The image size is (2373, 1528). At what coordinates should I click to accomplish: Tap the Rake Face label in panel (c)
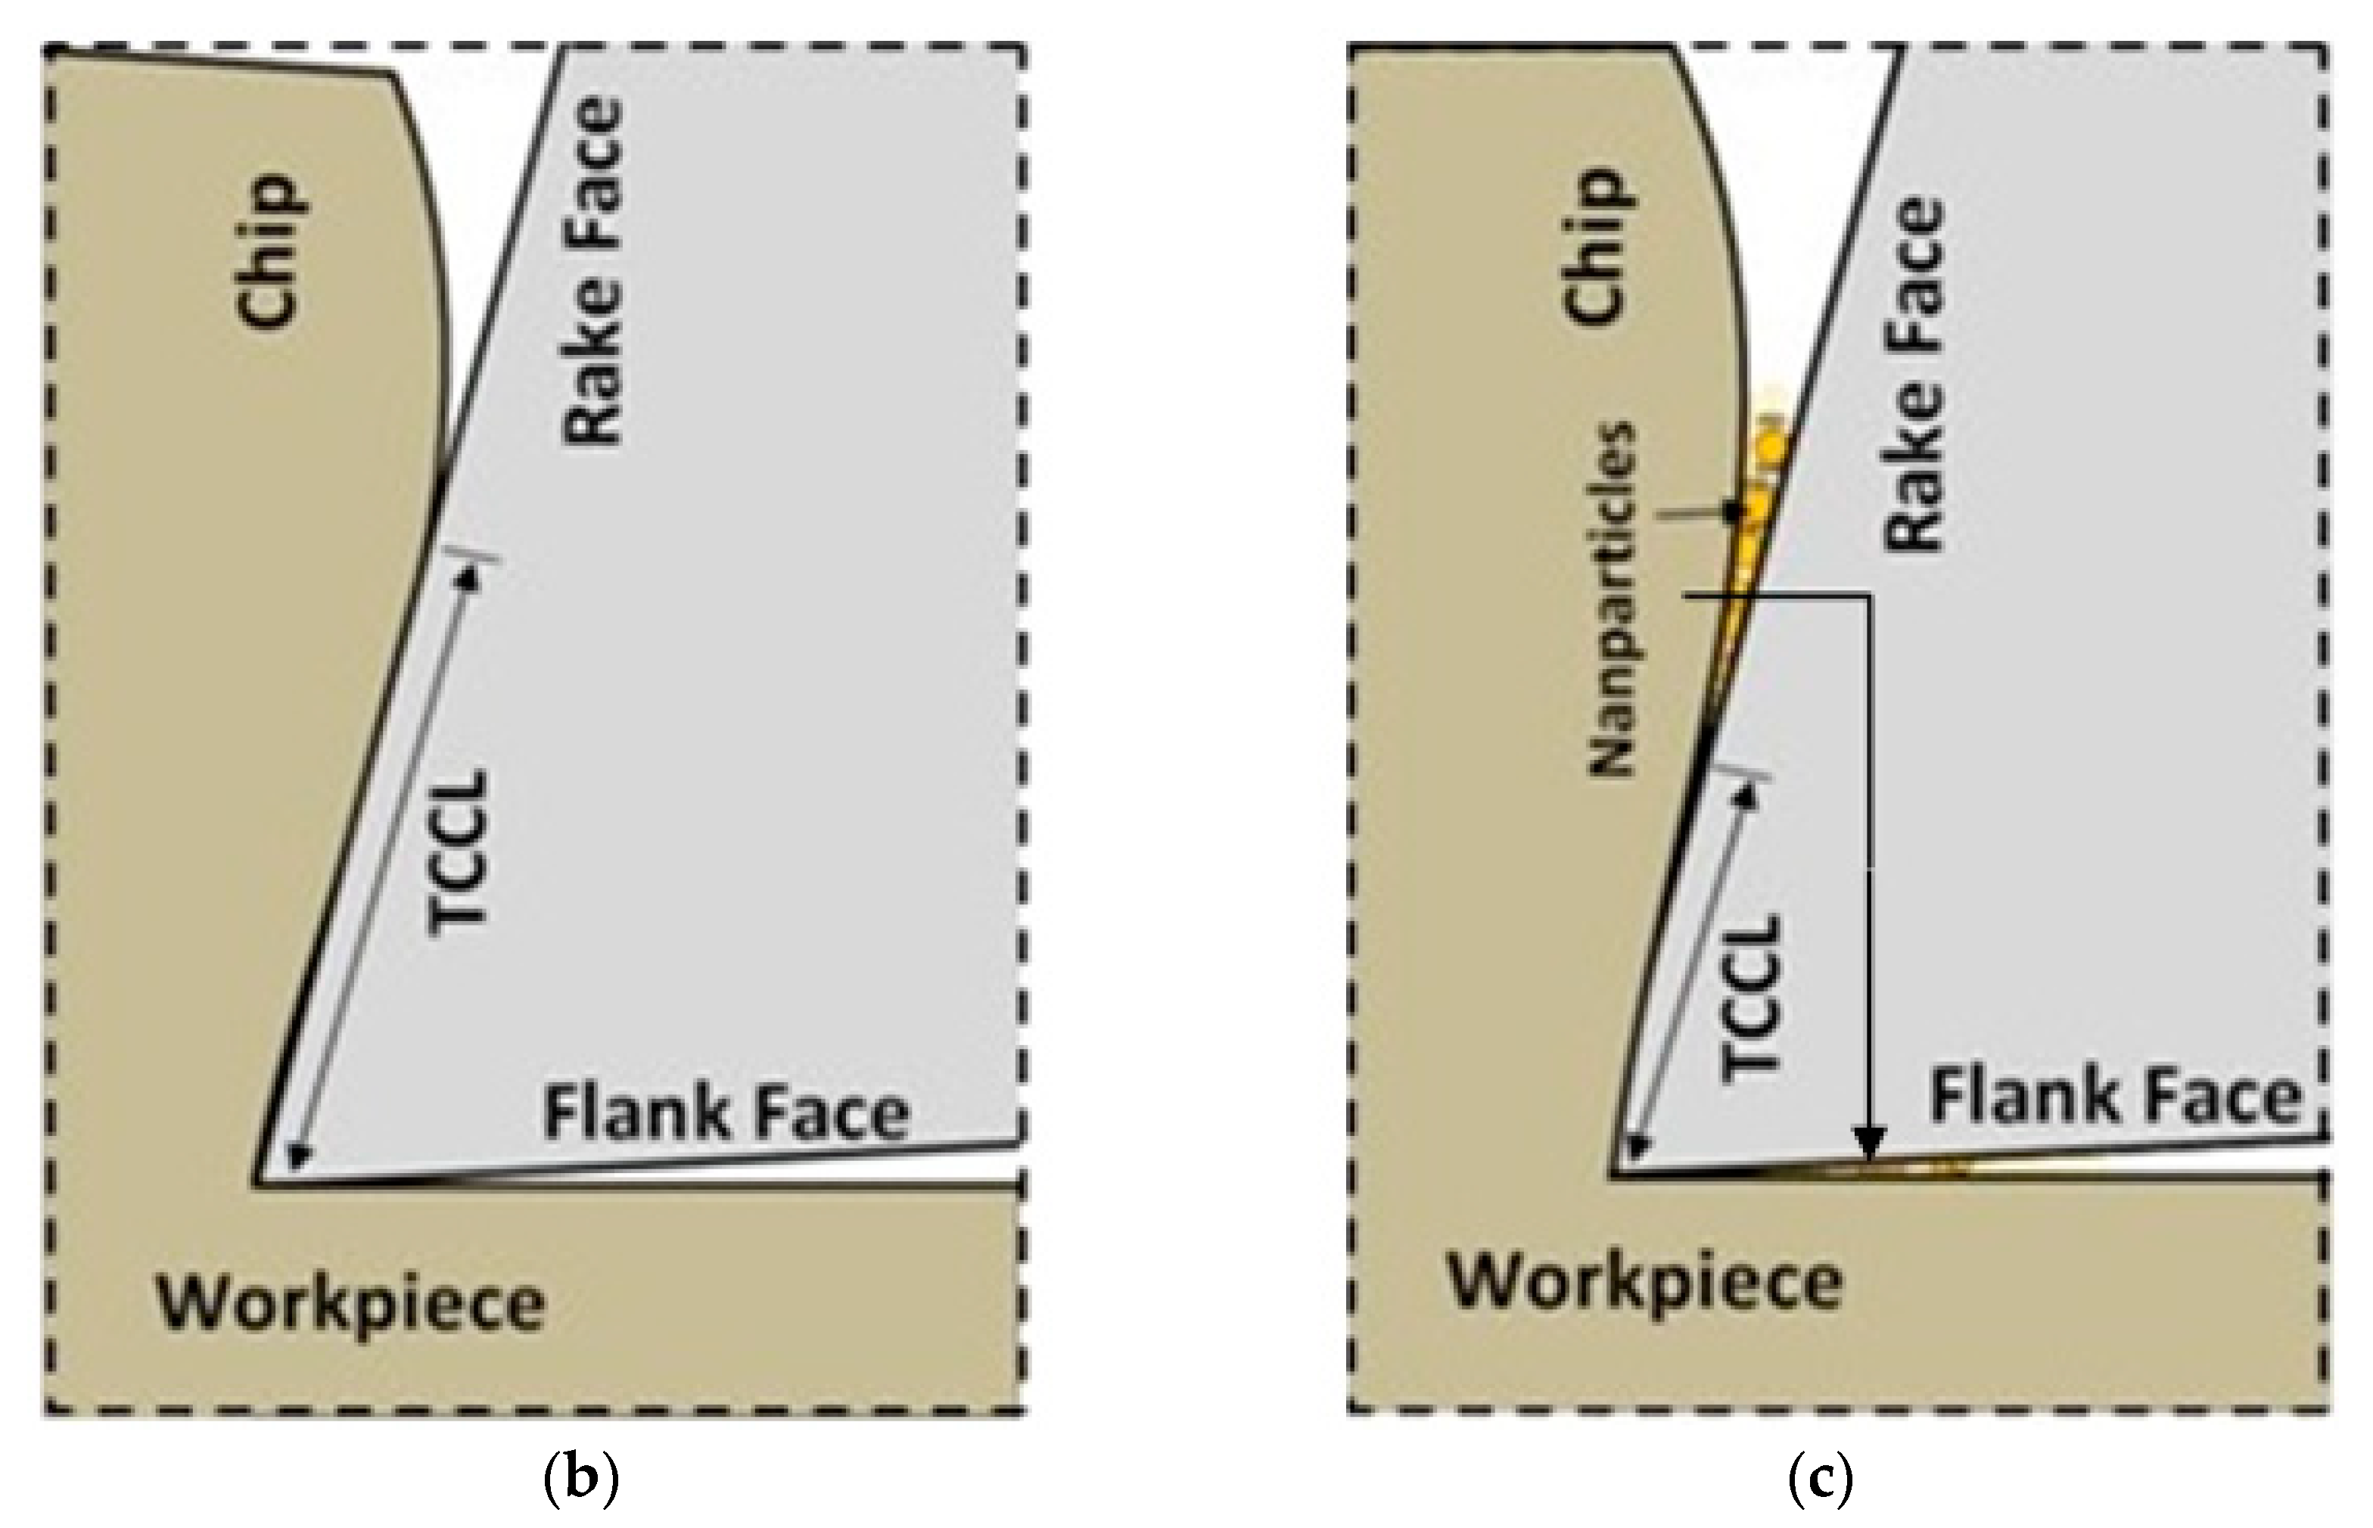(x=1914, y=375)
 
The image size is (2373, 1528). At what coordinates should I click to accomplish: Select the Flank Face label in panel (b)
(x=726, y=1113)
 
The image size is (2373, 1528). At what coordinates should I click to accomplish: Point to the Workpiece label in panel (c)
(x=1645, y=1283)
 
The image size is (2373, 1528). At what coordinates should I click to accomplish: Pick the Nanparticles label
(x=1612, y=599)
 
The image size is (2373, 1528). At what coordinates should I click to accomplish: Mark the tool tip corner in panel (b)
(x=257, y=1184)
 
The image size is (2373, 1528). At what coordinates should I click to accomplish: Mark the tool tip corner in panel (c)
(x=1612, y=1175)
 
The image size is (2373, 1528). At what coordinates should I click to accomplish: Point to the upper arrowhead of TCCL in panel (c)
(x=1748, y=794)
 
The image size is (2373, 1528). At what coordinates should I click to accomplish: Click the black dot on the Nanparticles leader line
(x=1732, y=511)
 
